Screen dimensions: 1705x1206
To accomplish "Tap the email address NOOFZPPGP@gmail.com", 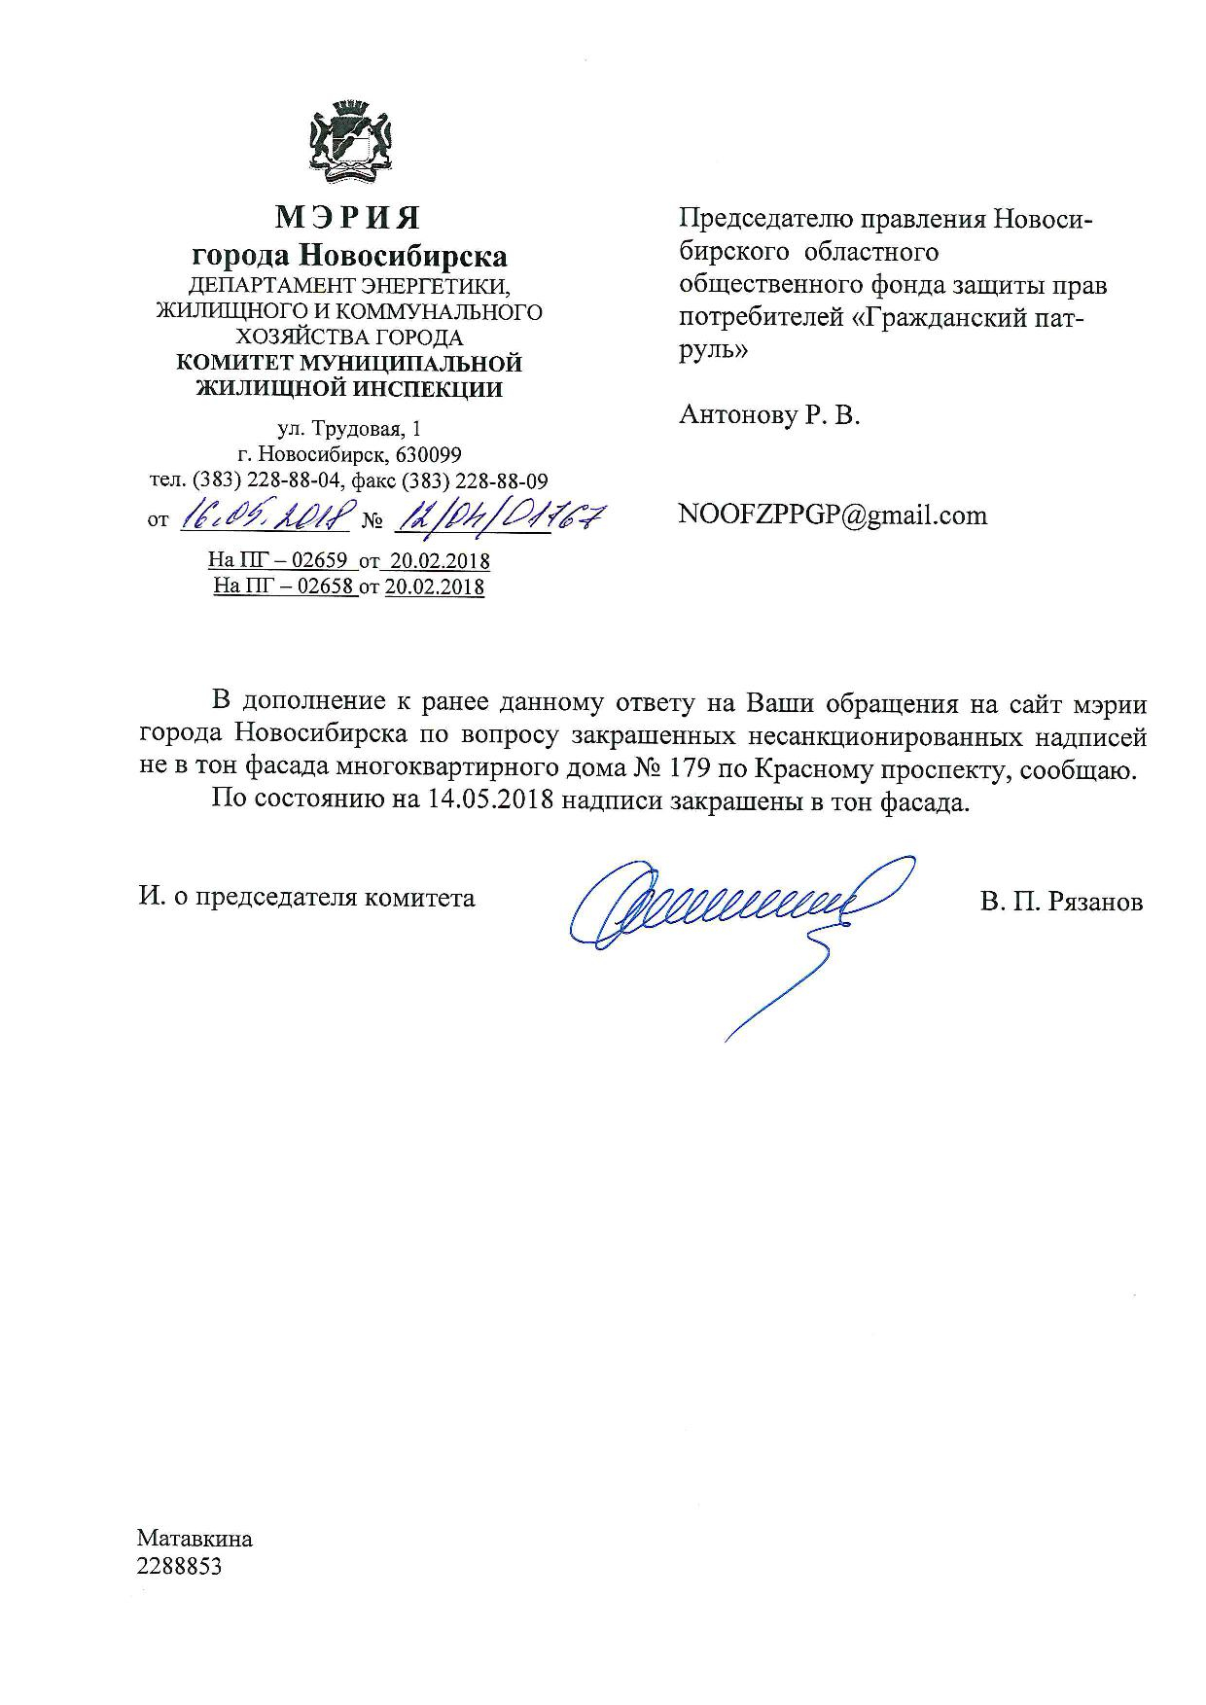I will point(833,515).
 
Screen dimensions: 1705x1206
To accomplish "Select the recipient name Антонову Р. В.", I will point(769,416).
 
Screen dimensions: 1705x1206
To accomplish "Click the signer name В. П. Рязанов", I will point(1061,902).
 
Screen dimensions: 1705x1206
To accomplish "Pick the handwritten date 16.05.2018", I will point(265,515).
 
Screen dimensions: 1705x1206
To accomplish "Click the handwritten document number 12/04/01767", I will point(500,515).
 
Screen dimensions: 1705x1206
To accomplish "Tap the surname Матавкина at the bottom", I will point(195,1539).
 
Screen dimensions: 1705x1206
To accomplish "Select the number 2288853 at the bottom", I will point(180,1566).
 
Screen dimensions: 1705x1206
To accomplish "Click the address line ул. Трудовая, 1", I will point(350,429).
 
